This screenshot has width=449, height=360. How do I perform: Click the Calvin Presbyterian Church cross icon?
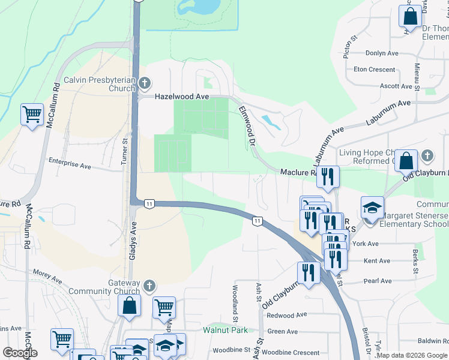(x=144, y=82)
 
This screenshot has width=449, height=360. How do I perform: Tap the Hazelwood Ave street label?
(x=181, y=96)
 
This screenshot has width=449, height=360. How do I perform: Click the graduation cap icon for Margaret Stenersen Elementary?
(x=372, y=208)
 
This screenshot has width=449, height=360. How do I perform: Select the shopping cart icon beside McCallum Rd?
(x=32, y=114)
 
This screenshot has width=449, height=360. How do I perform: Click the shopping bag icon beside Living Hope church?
(x=406, y=161)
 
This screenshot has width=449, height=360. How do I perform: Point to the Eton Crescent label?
(x=375, y=70)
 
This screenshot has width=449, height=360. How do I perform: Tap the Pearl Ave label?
(x=378, y=281)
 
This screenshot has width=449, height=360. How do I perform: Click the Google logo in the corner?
(x=20, y=353)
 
